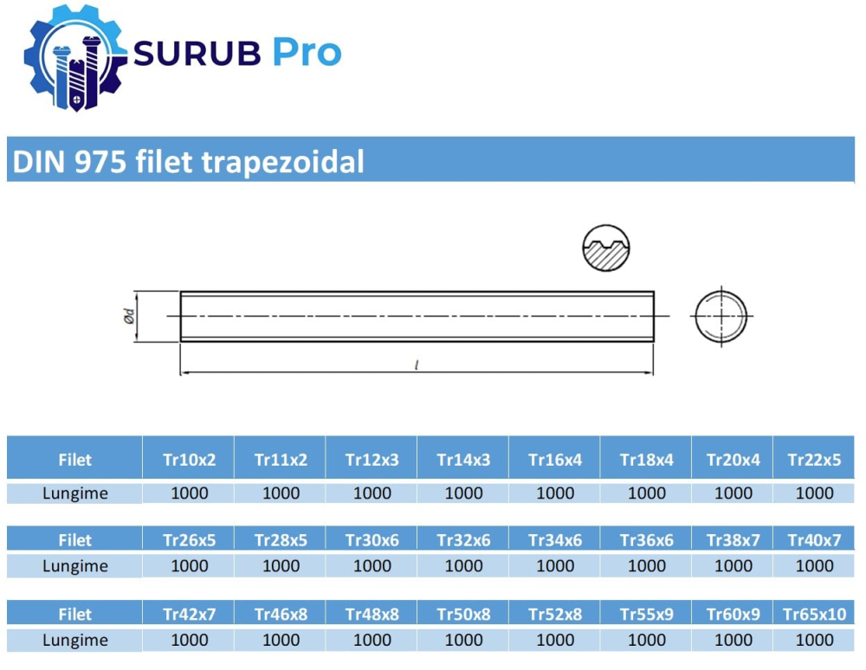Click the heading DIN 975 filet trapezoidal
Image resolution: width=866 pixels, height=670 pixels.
(x=186, y=162)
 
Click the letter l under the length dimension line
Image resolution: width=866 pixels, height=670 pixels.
(x=417, y=366)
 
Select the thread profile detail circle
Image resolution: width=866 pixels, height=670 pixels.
(x=605, y=248)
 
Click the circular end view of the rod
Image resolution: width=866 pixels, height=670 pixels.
(x=720, y=316)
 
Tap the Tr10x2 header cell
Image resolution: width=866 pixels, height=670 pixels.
(x=190, y=460)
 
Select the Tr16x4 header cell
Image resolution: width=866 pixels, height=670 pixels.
(x=555, y=460)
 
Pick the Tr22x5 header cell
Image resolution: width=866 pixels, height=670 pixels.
(x=814, y=460)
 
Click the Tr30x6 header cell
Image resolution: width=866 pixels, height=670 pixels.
(x=372, y=540)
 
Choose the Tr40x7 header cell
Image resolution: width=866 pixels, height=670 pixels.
(x=814, y=540)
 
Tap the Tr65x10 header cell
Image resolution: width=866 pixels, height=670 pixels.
(x=814, y=615)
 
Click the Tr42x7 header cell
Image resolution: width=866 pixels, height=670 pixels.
(x=190, y=615)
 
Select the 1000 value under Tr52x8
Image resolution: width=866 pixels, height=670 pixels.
(x=555, y=641)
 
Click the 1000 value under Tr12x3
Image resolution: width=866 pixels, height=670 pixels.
(x=372, y=493)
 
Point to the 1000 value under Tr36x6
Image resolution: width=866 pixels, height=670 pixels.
(x=646, y=566)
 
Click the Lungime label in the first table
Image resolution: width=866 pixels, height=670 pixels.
(x=75, y=493)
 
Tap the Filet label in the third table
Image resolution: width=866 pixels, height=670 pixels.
(x=75, y=615)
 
